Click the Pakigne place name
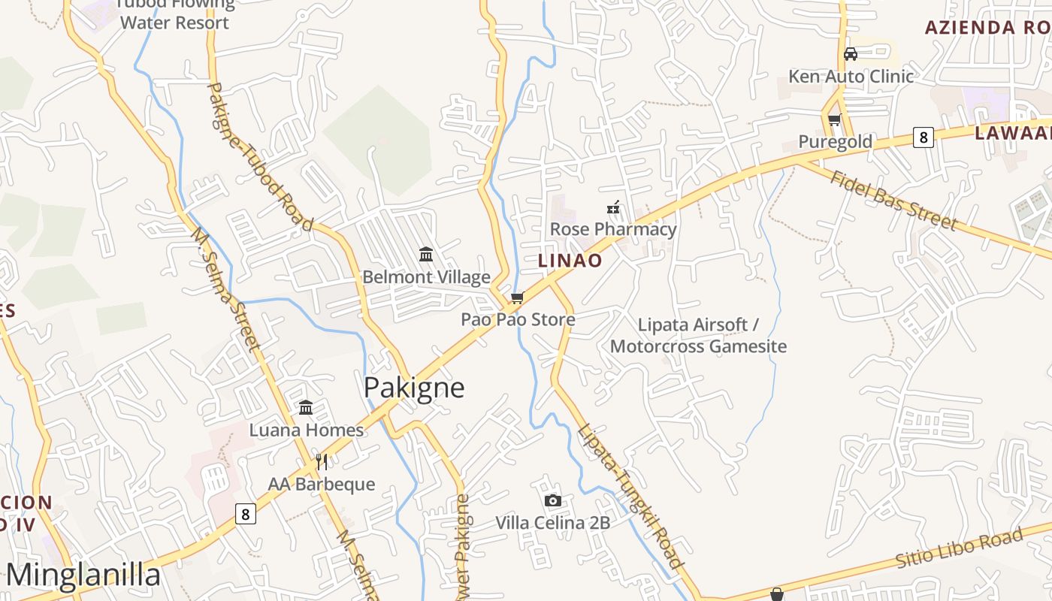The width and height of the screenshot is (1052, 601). [414, 388]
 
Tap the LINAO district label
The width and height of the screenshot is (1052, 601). [570, 261]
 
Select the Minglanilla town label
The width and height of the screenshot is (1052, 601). [83, 575]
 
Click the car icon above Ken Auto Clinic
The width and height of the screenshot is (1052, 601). [851, 53]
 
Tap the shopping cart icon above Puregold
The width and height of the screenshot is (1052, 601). [834, 119]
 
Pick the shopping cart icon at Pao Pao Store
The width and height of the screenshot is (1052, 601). [517, 298]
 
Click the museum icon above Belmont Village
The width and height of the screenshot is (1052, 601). [426, 255]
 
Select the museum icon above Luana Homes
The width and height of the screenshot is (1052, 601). [306, 408]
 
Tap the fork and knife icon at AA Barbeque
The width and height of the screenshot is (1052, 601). [322, 461]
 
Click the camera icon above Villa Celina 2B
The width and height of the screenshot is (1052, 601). [552, 500]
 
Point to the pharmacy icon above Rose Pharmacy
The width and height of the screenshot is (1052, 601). [613, 207]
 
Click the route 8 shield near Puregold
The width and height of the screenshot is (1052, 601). [924, 137]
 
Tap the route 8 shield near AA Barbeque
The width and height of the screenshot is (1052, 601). [245, 514]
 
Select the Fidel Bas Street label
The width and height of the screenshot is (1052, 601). [893, 200]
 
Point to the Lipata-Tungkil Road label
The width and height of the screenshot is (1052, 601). [631, 496]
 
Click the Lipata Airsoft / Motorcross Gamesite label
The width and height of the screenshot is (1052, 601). [698, 335]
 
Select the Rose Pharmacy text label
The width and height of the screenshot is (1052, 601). [613, 229]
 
